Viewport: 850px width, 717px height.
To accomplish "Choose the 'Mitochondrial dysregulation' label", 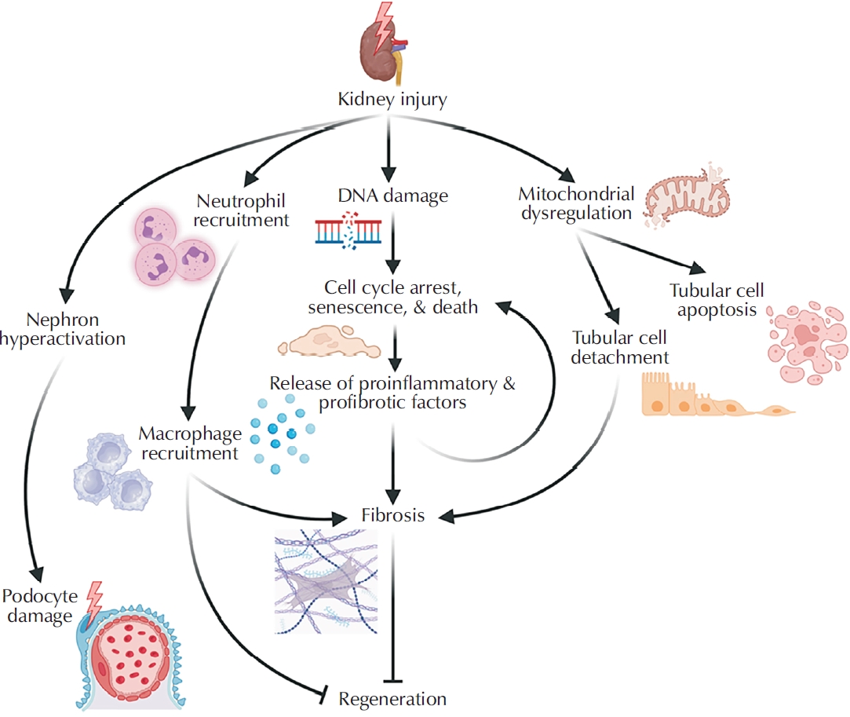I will [576, 202].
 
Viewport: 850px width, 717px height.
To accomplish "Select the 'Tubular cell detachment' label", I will [620, 347].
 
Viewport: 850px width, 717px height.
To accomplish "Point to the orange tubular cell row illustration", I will [706, 397].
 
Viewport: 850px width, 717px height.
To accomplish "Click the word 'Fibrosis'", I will [393, 516].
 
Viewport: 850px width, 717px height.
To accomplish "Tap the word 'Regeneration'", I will [392, 697].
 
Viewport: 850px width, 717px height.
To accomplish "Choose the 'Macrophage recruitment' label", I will [188, 443].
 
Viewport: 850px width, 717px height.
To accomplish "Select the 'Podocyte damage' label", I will [37, 605].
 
